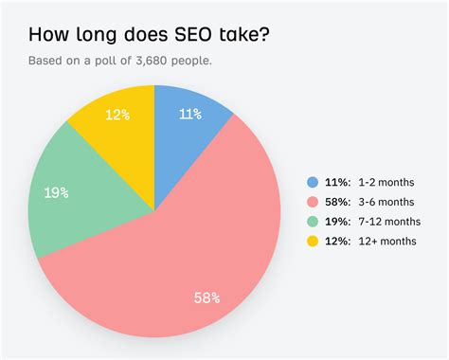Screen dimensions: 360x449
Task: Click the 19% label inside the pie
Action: click(x=56, y=192)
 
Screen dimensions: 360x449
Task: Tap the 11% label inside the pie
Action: click(x=190, y=116)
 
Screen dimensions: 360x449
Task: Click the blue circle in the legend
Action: click(x=313, y=182)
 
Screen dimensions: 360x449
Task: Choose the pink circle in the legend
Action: click(x=313, y=201)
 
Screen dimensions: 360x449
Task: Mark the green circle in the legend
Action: click(x=313, y=221)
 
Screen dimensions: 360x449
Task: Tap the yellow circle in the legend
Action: click(x=313, y=240)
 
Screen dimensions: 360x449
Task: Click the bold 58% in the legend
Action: click(x=338, y=201)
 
